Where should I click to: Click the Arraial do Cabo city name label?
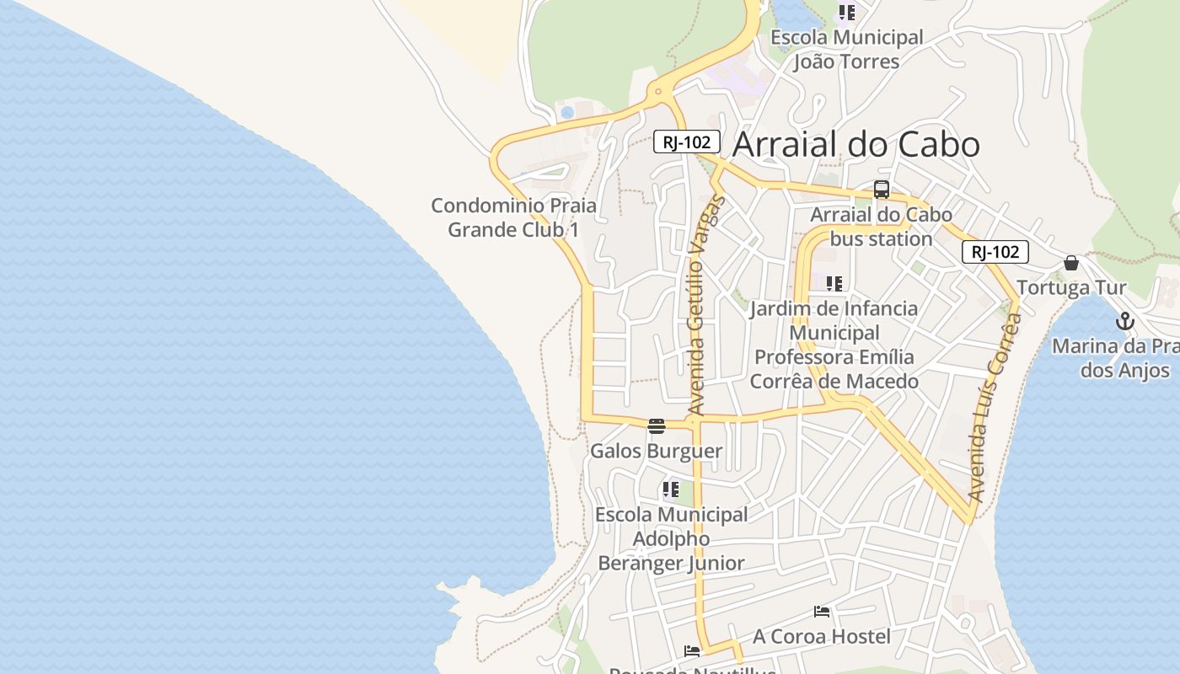[855, 145]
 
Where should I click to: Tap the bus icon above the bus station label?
[882, 190]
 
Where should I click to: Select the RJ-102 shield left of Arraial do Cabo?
[687, 142]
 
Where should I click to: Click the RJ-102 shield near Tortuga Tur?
[995, 251]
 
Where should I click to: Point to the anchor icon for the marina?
[1124, 321]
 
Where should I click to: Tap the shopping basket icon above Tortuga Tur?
[1071, 263]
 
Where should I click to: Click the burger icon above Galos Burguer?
[657, 425]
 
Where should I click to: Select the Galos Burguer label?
[656, 451]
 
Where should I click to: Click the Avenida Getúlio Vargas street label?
[707, 305]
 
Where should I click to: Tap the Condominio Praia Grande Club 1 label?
[513, 217]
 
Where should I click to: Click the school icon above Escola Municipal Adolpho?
[671, 489]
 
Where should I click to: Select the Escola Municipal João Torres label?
[847, 49]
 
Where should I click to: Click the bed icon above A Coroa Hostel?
[822, 612]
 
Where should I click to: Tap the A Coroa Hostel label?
[822, 636]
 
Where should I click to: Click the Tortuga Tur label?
[1071, 287]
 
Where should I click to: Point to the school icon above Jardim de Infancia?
[834, 284]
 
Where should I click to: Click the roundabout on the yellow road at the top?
[657, 90]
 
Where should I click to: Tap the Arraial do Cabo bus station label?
[881, 227]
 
